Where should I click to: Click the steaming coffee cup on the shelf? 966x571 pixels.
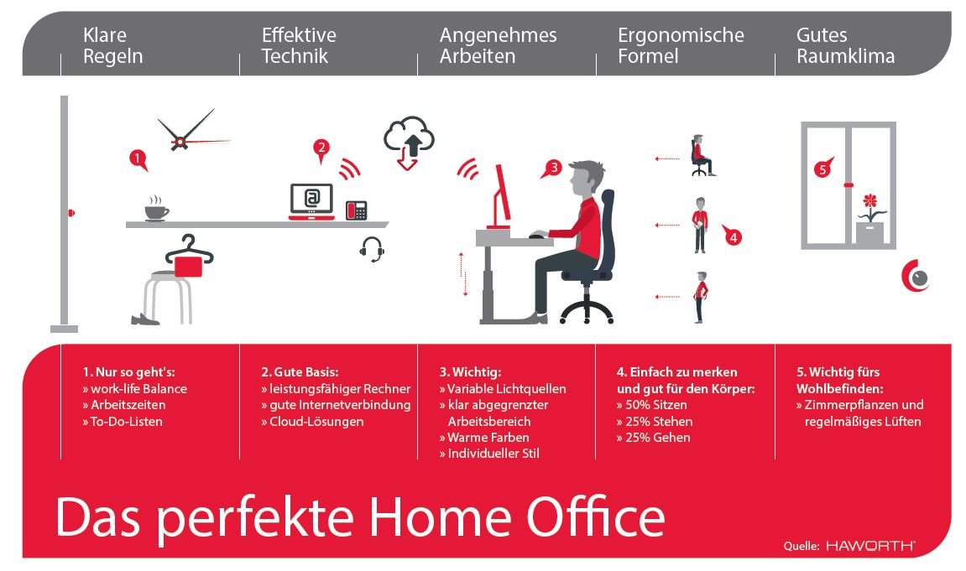point(156,210)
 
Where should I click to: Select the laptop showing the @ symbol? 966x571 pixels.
point(311,201)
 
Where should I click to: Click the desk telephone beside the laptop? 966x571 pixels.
point(357,210)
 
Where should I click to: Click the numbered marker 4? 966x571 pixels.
point(733,238)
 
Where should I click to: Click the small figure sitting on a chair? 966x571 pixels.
point(701,156)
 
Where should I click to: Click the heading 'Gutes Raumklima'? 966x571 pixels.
point(845,46)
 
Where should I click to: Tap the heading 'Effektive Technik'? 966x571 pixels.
point(299,46)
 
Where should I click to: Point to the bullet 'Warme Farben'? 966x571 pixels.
point(484,437)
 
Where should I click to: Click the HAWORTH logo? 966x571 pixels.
point(870,546)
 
